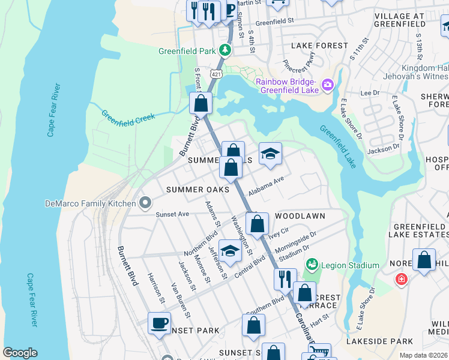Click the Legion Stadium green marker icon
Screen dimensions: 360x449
[x=312, y=265]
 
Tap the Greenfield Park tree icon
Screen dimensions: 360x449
[x=224, y=50]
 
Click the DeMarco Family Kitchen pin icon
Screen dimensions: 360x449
[x=145, y=203]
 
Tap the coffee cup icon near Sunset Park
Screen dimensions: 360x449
[x=160, y=323]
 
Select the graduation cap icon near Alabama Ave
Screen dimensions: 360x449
[x=270, y=154]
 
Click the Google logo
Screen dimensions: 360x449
[x=20, y=353]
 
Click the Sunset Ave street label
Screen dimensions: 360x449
[x=172, y=214]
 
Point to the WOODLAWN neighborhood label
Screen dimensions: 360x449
[x=300, y=216]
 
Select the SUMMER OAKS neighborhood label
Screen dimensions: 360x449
[x=198, y=190]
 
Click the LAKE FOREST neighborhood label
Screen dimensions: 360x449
[x=319, y=46]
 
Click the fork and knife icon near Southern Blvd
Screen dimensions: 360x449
[x=285, y=278]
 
